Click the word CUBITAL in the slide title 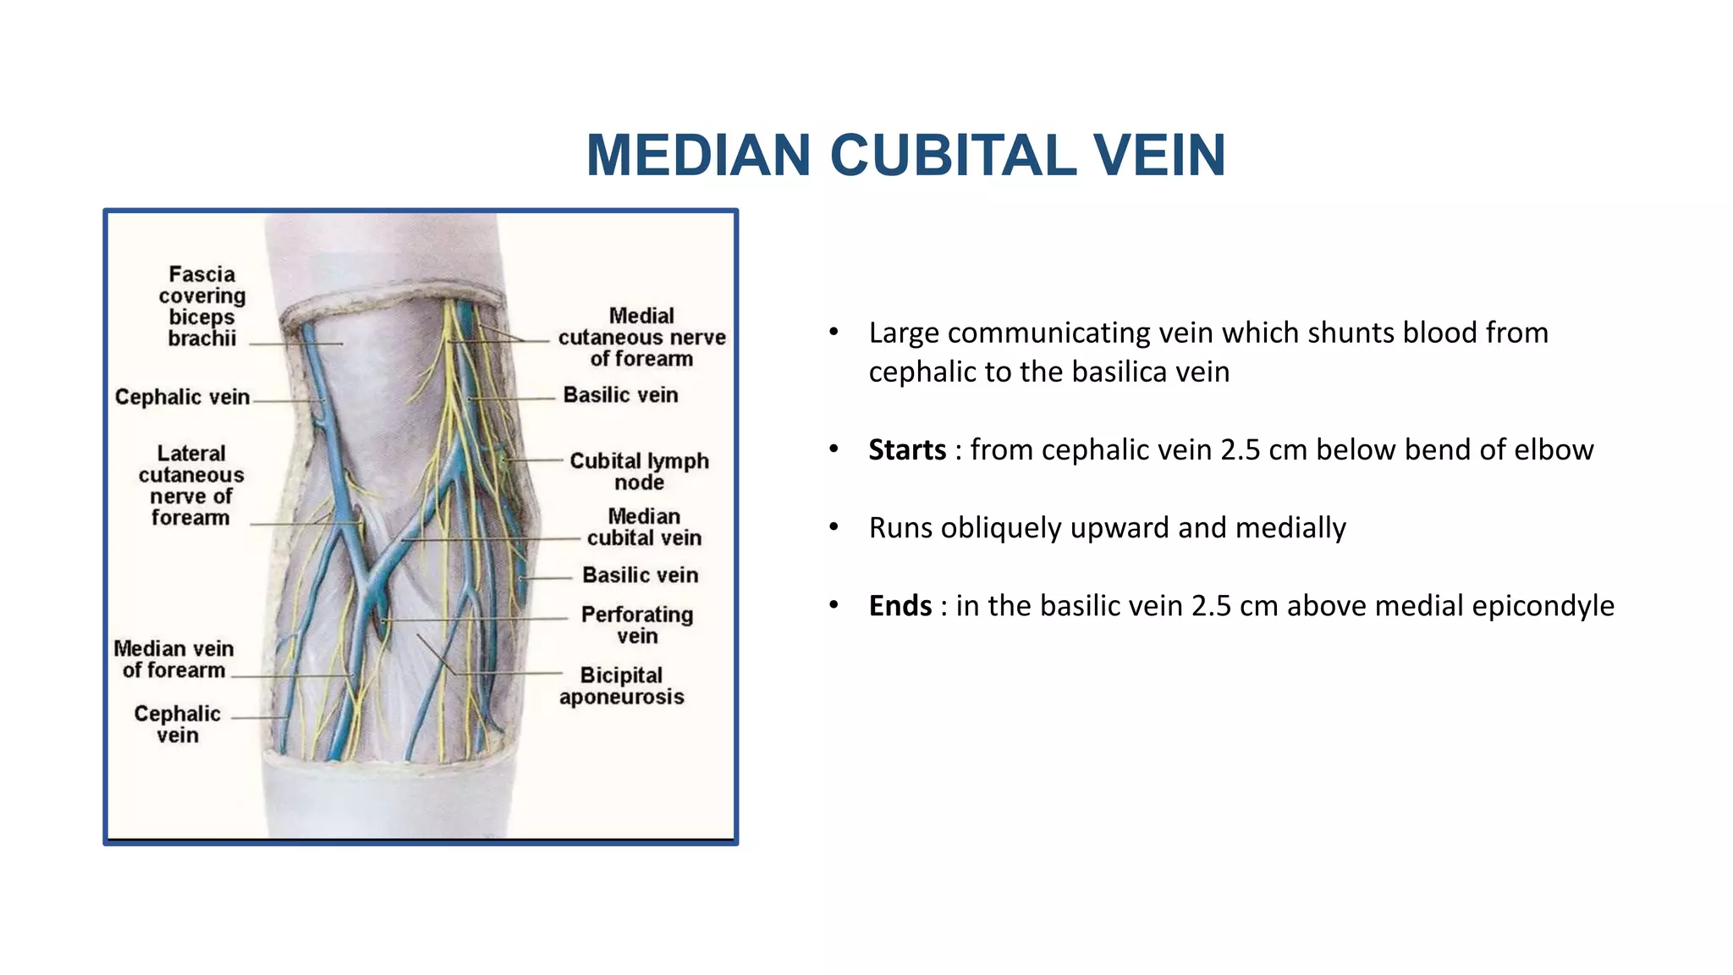point(953,156)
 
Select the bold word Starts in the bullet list point(907,449)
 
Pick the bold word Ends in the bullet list point(900,606)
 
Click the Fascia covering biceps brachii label point(202,306)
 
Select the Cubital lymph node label point(639,471)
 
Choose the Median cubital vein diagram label point(644,527)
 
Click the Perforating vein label point(637,625)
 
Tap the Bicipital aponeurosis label point(621,686)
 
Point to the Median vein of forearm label point(174,659)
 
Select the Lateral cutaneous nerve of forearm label point(191,486)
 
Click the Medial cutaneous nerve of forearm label point(641,337)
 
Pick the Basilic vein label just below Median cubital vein point(641,576)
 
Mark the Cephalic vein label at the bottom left point(178,724)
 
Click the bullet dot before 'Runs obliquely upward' point(833,527)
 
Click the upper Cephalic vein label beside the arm point(182,397)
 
